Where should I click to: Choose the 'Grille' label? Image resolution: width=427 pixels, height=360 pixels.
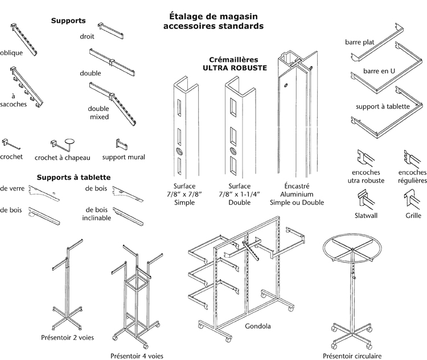tap(413, 216)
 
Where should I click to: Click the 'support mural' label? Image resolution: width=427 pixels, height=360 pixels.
tap(123, 157)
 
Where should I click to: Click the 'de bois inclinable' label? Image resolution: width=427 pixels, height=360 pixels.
tap(96, 214)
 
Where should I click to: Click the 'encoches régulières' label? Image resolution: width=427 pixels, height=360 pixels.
tap(412, 176)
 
